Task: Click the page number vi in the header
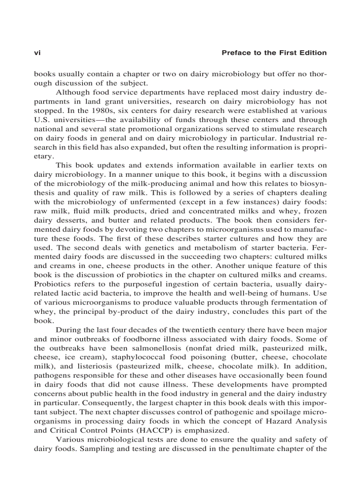point(37,53)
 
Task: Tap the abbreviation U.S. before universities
point(43,119)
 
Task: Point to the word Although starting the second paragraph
point(73,92)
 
